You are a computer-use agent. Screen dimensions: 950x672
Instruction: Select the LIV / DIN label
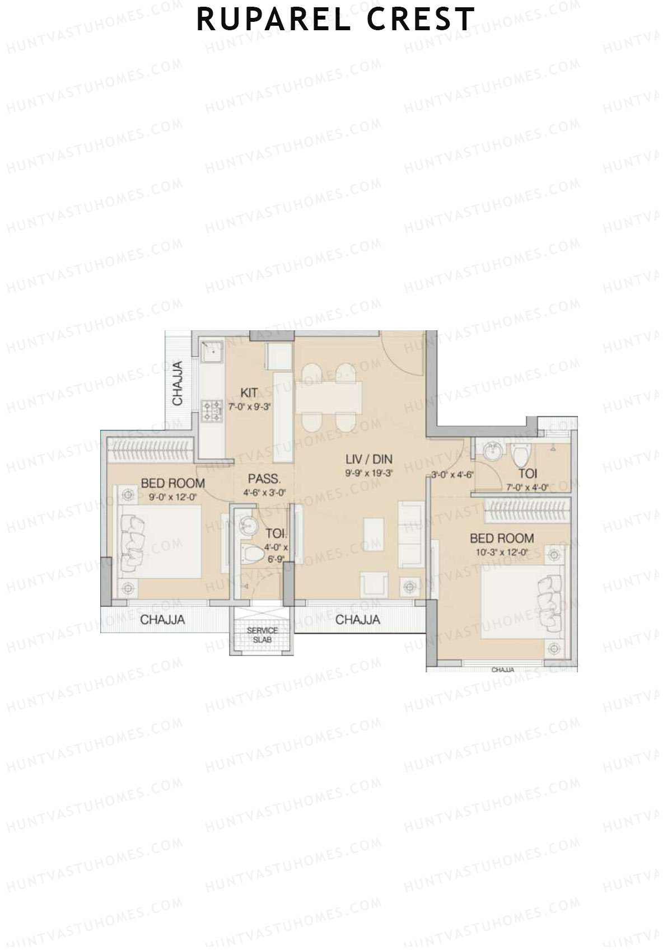click(368, 460)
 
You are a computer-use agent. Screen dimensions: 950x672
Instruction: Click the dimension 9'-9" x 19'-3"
click(368, 472)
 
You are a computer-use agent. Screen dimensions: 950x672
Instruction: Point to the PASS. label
click(264, 479)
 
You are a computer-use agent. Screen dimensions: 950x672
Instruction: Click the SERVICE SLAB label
click(262, 634)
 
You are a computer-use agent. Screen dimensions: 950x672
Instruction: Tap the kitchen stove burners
click(212, 410)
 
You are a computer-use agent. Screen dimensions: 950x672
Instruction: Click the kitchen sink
click(212, 353)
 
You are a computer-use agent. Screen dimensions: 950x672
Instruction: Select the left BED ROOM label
click(172, 483)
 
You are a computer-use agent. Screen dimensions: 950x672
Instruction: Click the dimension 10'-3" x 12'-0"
click(501, 551)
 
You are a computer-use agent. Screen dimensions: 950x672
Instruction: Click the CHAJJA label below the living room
click(357, 620)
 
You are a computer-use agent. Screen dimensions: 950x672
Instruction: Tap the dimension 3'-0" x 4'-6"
click(452, 475)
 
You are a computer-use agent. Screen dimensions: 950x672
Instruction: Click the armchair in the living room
click(373, 583)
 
